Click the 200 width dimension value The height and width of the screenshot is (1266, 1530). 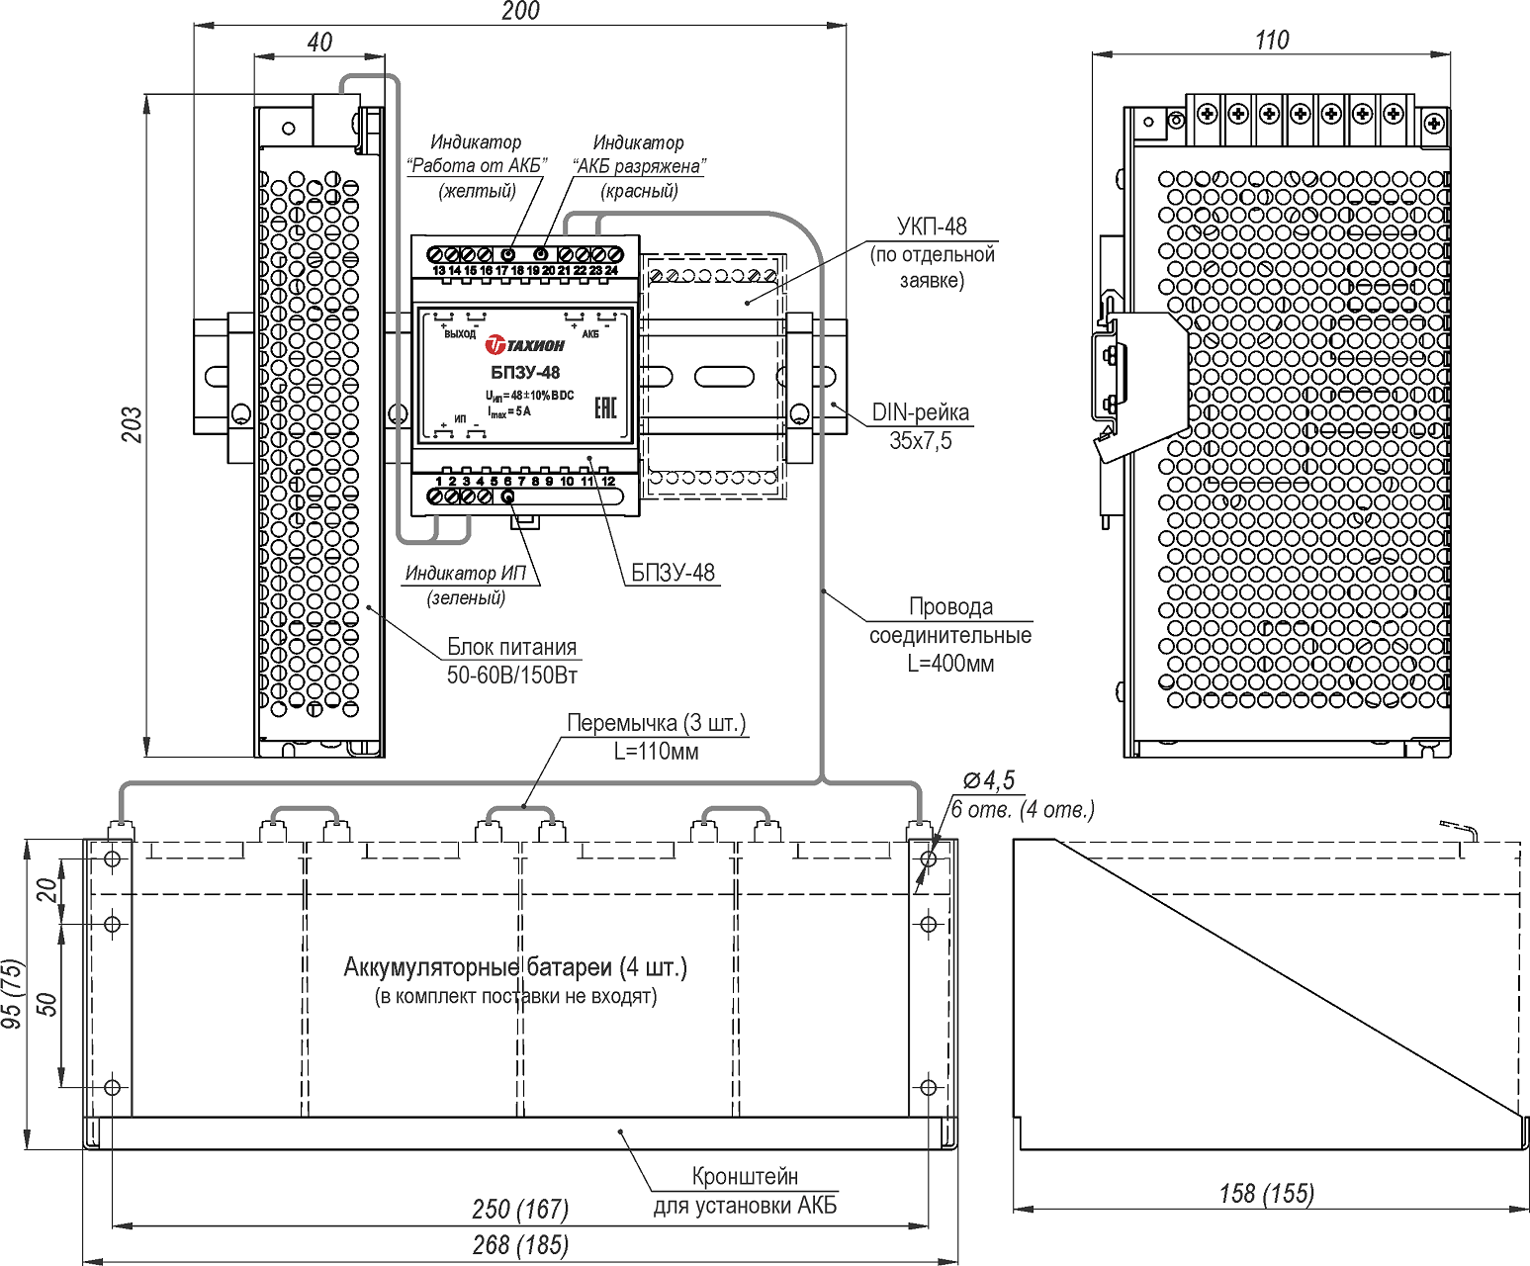[521, 11]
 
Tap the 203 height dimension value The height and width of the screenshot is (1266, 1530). [132, 424]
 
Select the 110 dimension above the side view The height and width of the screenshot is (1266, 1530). [1272, 41]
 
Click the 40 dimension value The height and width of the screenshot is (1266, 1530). [319, 42]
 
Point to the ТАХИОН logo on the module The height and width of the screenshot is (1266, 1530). [524, 344]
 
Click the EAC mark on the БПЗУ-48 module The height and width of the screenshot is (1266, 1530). [605, 407]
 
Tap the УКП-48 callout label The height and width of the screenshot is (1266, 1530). [932, 226]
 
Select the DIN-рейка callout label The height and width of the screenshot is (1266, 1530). [921, 412]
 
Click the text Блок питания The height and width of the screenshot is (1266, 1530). [512, 647]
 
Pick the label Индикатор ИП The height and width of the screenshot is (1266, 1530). [466, 573]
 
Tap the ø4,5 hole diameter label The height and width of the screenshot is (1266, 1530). [989, 781]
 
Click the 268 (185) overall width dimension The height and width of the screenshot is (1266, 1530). [521, 1245]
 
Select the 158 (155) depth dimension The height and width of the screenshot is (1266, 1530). [1267, 1194]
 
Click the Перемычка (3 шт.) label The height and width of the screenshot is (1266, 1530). [657, 724]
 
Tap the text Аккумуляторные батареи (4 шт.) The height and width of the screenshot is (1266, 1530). [516, 967]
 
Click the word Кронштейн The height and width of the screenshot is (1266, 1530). [745, 1176]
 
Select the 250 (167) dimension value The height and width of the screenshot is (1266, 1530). [521, 1209]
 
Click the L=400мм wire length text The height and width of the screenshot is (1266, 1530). [951, 664]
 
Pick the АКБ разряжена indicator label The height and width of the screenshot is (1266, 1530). [639, 166]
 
